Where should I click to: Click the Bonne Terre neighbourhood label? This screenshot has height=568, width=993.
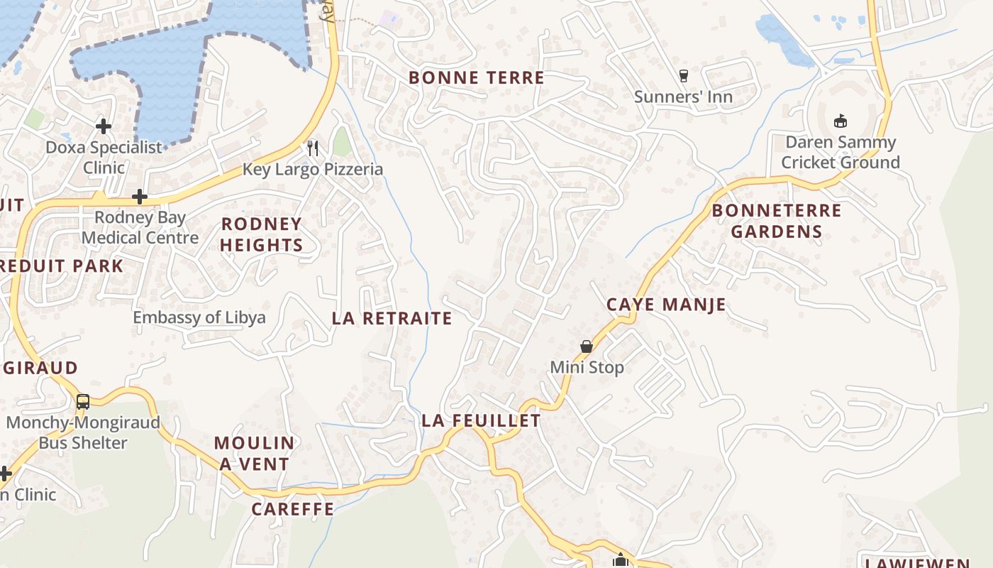(x=476, y=78)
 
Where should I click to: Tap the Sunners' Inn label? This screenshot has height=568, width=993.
(x=683, y=97)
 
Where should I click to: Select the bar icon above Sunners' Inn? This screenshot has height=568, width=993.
(x=684, y=76)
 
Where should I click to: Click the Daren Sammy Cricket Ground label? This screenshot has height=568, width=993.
(x=841, y=152)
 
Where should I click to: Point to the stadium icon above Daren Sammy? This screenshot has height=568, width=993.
(x=841, y=121)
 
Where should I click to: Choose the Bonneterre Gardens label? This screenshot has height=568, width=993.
(x=776, y=221)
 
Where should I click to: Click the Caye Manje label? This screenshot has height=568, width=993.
(x=666, y=305)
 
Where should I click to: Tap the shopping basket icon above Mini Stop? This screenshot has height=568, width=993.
(x=587, y=347)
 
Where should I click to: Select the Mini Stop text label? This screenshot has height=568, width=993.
(x=587, y=367)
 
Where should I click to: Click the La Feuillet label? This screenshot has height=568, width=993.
(x=481, y=421)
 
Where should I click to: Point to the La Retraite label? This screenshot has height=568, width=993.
(x=392, y=319)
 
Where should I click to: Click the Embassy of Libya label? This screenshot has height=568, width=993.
(x=199, y=317)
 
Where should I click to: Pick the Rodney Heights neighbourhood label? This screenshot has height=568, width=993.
(x=261, y=235)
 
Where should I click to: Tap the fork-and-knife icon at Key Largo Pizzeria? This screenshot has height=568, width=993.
(x=313, y=148)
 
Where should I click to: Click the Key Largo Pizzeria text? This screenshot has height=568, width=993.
(x=313, y=169)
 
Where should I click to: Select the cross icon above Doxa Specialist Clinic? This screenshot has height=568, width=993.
(x=104, y=127)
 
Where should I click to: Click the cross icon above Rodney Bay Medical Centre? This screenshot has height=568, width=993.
(x=140, y=197)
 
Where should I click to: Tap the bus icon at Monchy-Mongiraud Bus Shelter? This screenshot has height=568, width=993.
(x=83, y=402)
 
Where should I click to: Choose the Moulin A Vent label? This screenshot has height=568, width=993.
(x=254, y=454)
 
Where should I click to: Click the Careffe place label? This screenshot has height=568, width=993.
(x=292, y=509)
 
